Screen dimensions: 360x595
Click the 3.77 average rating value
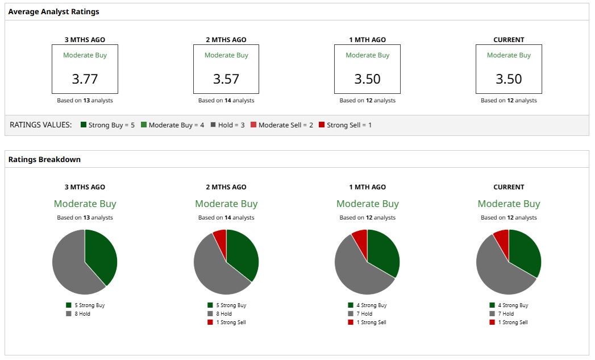[x=85, y=79]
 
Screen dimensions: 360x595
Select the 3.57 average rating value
[x=226, y=79]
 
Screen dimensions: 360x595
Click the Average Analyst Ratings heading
[x=53, y=11]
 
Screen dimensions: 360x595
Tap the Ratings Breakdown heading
[x=44, y=159]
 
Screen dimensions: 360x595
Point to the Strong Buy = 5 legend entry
[x=108, y=125]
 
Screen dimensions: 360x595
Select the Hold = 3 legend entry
[x=227, y=125]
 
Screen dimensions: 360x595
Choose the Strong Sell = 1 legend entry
[x=346, y=125]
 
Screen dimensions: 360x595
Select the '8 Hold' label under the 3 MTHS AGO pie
[x=82, y=313]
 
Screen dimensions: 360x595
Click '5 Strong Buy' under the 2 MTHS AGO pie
[x=230, y=305]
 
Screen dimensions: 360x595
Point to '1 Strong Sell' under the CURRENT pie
[x=513, y=322]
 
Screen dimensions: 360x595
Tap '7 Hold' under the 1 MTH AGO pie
[x=364, y=313]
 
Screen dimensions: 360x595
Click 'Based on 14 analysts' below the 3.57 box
[x=226, y=101]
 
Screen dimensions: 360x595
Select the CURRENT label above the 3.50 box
[x=509, y=40]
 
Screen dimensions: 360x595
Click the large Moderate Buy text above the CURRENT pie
[x=509, y=204]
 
